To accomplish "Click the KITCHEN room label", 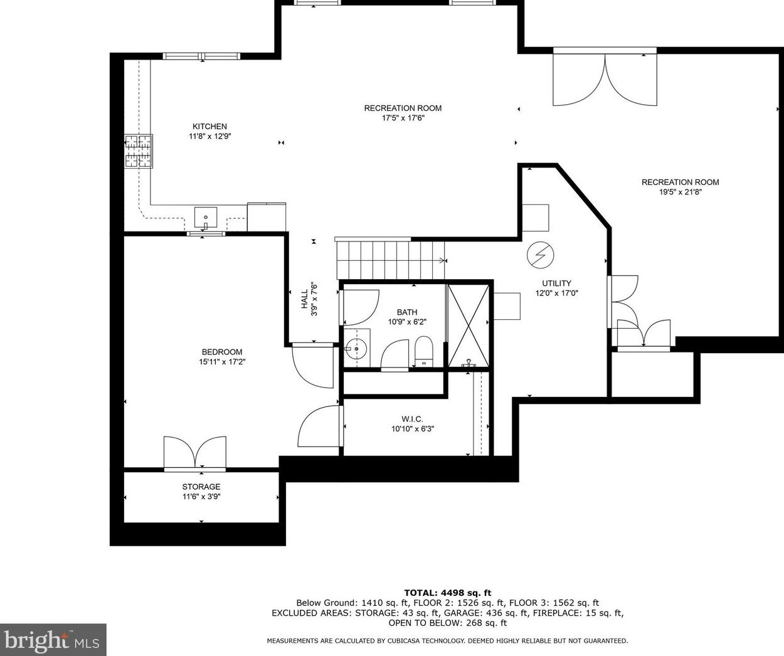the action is [209, 127].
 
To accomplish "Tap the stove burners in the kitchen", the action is [139, 151].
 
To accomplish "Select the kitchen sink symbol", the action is [205, 218].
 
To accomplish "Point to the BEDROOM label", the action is [222, 352].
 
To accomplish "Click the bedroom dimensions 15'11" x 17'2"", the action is [222, 362].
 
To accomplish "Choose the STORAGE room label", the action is [201, 487].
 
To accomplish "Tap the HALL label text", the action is [305, 299].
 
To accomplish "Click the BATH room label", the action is [407, 312].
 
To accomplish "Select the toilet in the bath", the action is [423, 351].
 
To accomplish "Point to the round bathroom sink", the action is [354, 349].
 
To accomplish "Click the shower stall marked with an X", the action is [469, 325].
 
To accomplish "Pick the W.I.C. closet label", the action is [412, 419].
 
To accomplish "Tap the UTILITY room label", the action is [556, 283].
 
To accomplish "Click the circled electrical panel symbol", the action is [540, 255].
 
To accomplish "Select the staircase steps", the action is [391, 260].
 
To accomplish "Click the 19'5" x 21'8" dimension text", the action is [681, 193].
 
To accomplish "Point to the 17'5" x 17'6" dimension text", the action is [403, 118].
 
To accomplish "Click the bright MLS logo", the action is [53, 640].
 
